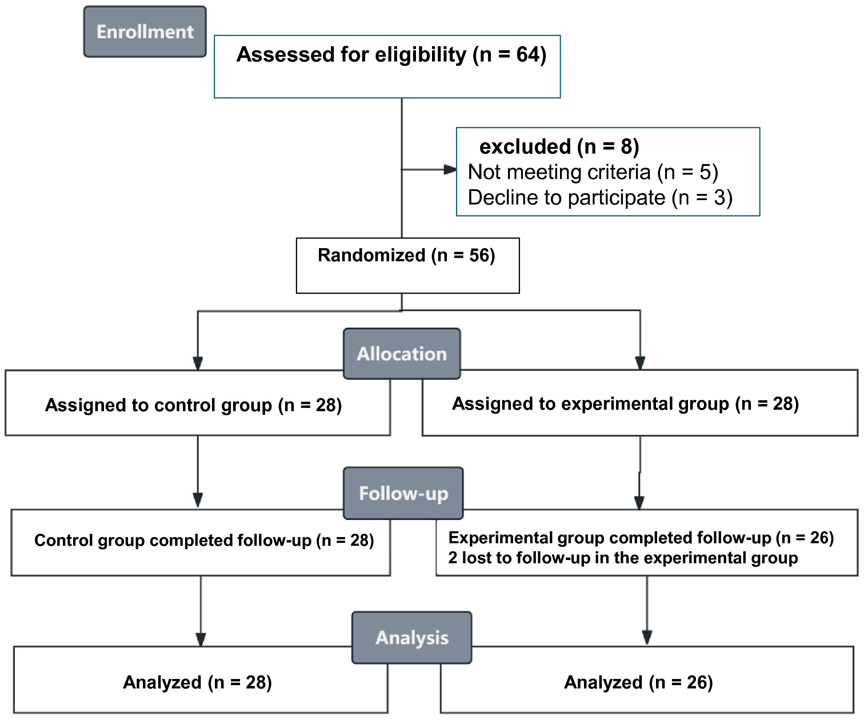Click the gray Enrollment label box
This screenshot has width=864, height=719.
click(x=145, y=32)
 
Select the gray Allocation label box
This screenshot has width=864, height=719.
click(x=402, y=354)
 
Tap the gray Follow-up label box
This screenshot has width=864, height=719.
click(x=403, y=493)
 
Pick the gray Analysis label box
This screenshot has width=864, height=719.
click(x=412, y=637)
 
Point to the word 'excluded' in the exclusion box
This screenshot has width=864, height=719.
click(x=525, y=147)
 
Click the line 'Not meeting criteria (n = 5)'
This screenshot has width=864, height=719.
click(x=593, y=172)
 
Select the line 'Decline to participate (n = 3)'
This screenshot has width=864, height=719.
click(x=600, y=197)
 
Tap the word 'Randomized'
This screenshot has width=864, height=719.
click(x=372, y=255)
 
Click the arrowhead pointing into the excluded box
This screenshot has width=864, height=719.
click(x=451, y=169)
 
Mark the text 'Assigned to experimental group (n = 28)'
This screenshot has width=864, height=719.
click(x=625, y=404)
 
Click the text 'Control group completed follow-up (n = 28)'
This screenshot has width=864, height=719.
click(x=204, y=540)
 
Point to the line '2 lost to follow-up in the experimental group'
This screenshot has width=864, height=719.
click(x=623, y=557)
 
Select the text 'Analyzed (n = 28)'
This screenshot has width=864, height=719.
click(x=197, y=682)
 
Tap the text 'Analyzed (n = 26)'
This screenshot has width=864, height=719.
click(x=638, y=682)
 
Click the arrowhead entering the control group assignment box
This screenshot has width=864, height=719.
click(x=198, y=363)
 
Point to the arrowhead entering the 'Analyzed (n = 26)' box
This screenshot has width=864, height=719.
click(x=647, y=638)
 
